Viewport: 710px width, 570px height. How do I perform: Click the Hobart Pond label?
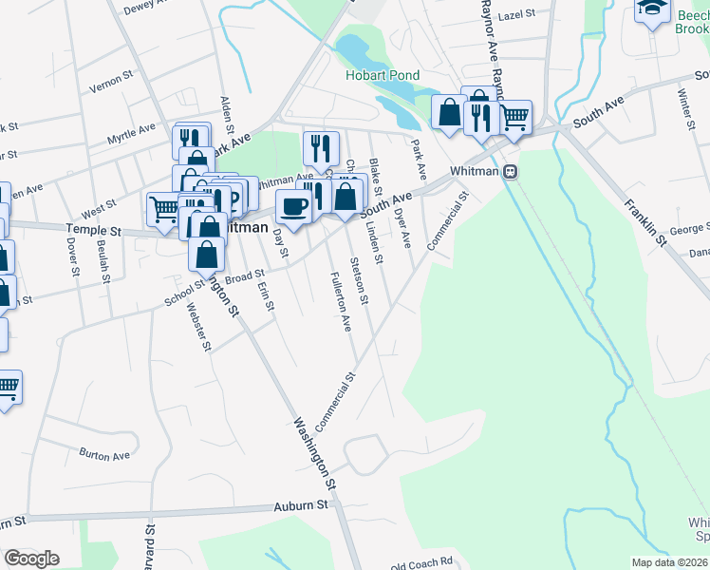tap(383, 75)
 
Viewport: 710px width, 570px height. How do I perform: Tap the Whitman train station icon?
tap(511, 172)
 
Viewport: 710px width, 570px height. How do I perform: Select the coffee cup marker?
tap(293, 206)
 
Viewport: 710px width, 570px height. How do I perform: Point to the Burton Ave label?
tap(104, 455)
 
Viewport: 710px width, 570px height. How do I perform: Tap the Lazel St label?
tap(517, 15)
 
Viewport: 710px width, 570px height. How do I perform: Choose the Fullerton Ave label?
tap(340, 302)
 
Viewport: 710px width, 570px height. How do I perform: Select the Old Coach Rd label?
tap(421, 564)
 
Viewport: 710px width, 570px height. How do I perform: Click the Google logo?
tap(31, 559)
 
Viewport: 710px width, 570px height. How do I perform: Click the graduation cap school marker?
tap(652, 9)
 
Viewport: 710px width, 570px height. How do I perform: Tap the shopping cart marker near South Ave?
tap(514, 119)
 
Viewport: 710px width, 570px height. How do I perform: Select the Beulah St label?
tap(103, 256)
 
